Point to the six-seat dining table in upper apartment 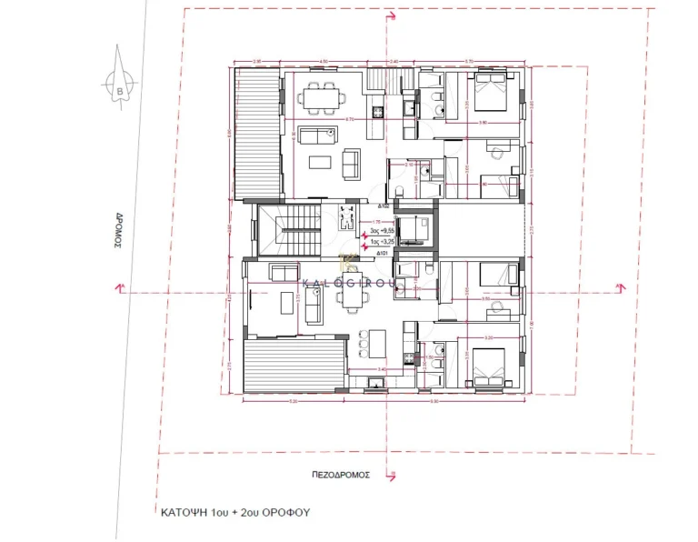[320, 95]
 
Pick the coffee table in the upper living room [319, 164]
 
